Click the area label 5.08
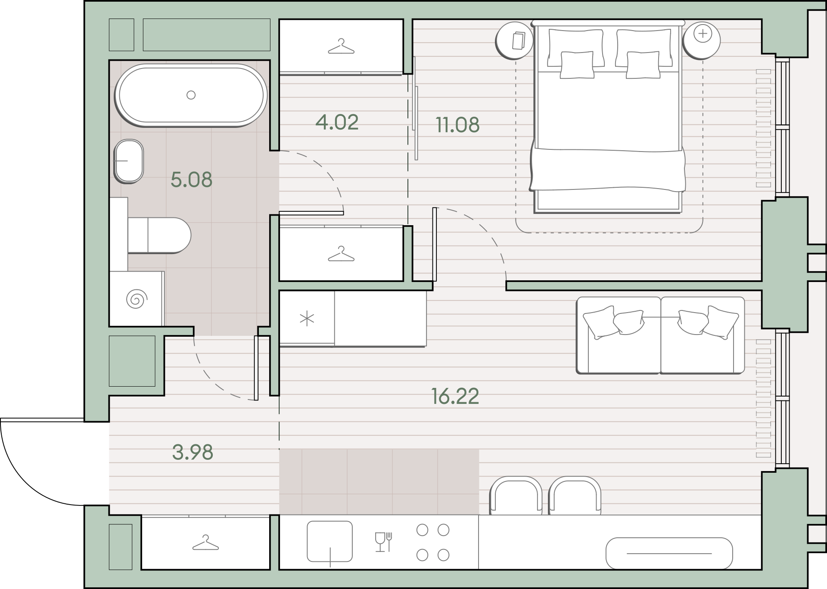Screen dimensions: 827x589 tap(191, 180)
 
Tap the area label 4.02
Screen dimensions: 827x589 tap(337, 122)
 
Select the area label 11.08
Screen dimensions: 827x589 tap(457, 125)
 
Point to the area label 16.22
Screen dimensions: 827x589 tap(455, 396)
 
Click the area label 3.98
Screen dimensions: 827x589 tap(193, 452)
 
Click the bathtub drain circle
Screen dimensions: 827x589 tap(191, 95)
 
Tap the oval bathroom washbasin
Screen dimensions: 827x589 tap(128, 161)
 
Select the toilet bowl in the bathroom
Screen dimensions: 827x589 tap(159, 235)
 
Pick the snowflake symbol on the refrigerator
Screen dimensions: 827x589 tap(307, 319)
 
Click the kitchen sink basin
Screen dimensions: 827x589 tap(330, 542)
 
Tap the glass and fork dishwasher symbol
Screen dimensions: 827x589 tap(383, 542)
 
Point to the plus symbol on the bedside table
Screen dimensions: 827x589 tap(703, 34)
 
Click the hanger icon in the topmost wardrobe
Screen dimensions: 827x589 tap(341, 46)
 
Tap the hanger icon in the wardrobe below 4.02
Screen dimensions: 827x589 tap(341, 254)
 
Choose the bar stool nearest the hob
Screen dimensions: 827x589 tap(516, 495)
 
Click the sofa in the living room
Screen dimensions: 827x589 tap(660, 335)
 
